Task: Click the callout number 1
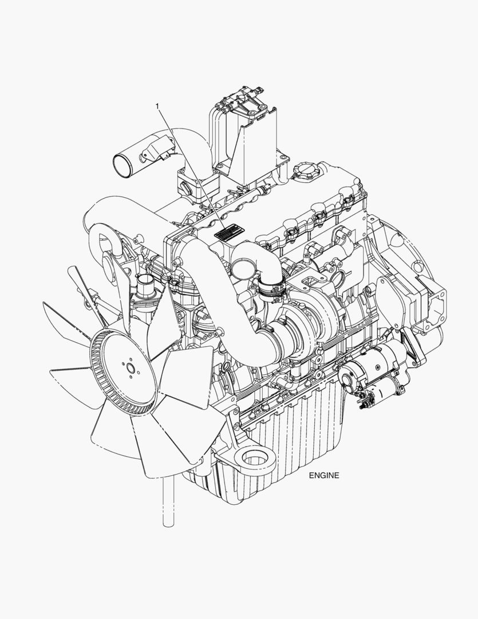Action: tap(157, 106)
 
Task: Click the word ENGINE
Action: tap(324, 475)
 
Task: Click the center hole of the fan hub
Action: tap(130, 369)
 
